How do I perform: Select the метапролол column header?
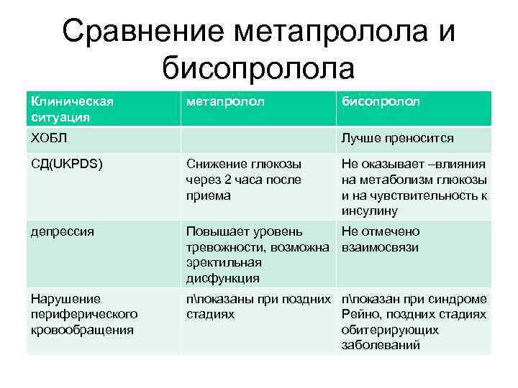click(x=225, y=102)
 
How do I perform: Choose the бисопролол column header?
click(x=381, y=102)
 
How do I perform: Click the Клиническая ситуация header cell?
click(x=71, y=108)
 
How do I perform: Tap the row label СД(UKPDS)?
click(x=66, y=164)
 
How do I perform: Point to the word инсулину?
click(x=370, y=211)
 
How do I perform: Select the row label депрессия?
click(x=62, y=231)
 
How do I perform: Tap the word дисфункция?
click(x=222, y=278)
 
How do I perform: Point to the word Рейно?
click(x=360, y=315)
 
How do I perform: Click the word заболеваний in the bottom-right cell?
click(x=381, y=346)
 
